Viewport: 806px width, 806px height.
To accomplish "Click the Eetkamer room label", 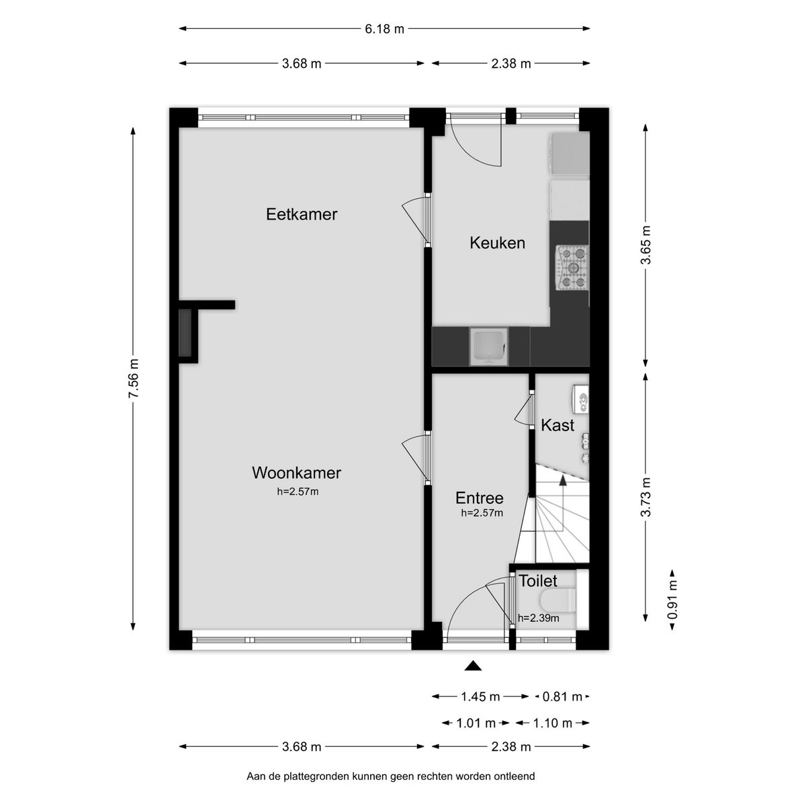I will click(x=302, y=214).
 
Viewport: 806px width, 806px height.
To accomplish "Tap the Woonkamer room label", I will click(x=296, y=473).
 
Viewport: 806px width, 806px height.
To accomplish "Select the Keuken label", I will click(x=497, y=243).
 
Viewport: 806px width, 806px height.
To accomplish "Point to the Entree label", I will click(x=479, y=498).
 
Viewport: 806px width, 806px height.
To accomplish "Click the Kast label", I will click(x=557, y=425).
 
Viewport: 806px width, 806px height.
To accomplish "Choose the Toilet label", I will click(x=537, y=581).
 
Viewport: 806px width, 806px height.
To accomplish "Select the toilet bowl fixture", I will click(x=557, y=599).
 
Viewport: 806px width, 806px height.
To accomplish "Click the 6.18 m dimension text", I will click(x=385, y=29).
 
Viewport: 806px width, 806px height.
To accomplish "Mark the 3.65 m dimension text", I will click(x=646, y=244).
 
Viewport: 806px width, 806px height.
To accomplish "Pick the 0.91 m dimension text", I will click(x=672, y=599).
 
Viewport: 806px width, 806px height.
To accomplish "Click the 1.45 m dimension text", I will click(x=480, y=697).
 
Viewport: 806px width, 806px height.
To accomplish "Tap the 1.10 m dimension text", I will click(x=552, y=723).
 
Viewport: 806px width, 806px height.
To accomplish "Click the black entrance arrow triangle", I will click(x=474, y=666).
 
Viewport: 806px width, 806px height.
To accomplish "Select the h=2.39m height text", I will click(x=538, y=619).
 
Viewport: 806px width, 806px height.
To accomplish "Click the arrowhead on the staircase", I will click(x=563, y=480).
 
